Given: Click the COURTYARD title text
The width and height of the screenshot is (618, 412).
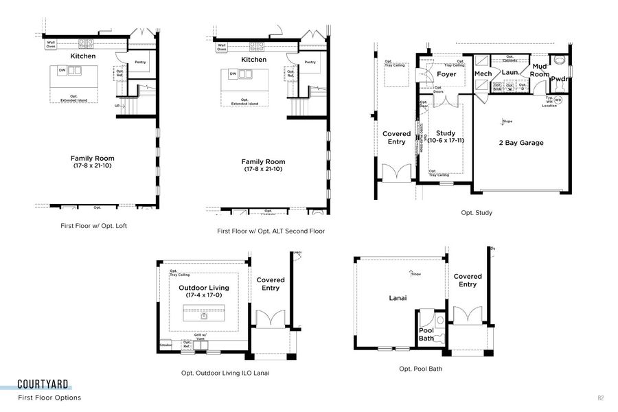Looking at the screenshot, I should coord(43,385).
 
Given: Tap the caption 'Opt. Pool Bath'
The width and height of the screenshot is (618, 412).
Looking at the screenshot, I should coord(420,369).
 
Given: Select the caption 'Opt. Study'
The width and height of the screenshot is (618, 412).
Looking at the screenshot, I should coord(476,213).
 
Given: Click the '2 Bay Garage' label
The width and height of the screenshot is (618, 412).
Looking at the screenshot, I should coord(520,143).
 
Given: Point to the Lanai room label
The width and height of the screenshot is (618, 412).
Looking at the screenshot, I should coord(398,297).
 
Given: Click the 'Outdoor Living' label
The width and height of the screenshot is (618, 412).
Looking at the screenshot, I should coord(204,288).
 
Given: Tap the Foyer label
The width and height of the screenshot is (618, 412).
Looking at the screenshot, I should coord(447,74).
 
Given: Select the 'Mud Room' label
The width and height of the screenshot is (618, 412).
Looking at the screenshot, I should coord(540,69).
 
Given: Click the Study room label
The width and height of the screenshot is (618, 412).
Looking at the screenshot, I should coord(446,133).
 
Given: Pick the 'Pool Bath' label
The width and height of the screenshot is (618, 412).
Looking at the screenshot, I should coord(426,334).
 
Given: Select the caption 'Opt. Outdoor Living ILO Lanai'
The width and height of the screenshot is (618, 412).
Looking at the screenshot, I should coord(225,373).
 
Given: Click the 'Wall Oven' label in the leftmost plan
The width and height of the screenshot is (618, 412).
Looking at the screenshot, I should coord(51,45).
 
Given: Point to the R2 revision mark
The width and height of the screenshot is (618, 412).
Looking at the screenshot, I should coord(601,398).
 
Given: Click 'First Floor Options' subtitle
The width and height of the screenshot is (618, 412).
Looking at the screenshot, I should coord(49,398).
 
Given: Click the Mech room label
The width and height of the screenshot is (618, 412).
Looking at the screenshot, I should coord(483,73).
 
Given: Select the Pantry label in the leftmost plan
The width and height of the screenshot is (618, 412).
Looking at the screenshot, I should coord(140,62).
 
